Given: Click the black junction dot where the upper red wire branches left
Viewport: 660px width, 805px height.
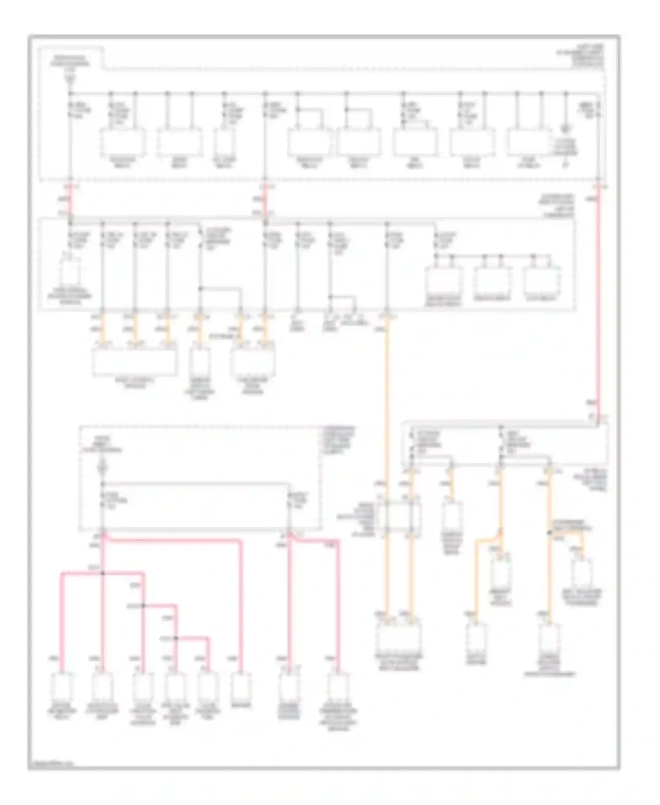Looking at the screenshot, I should [x=102, y=573].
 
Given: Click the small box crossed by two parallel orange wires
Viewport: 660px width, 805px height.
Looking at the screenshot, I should [x=399, y=516].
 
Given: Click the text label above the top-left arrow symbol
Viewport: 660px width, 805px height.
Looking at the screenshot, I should [x=70, y=61].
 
